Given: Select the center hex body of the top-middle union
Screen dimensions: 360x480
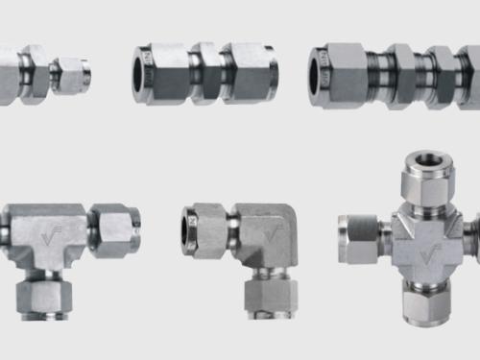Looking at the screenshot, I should (x=205, y=72).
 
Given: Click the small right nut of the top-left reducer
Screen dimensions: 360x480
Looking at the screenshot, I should (x=69, y=74).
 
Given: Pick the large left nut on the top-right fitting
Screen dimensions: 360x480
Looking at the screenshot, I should (x=344, y=73).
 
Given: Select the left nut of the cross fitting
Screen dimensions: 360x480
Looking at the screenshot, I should (x=359, y=239).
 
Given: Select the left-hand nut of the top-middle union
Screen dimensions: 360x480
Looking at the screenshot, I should (x=164, y=72).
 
